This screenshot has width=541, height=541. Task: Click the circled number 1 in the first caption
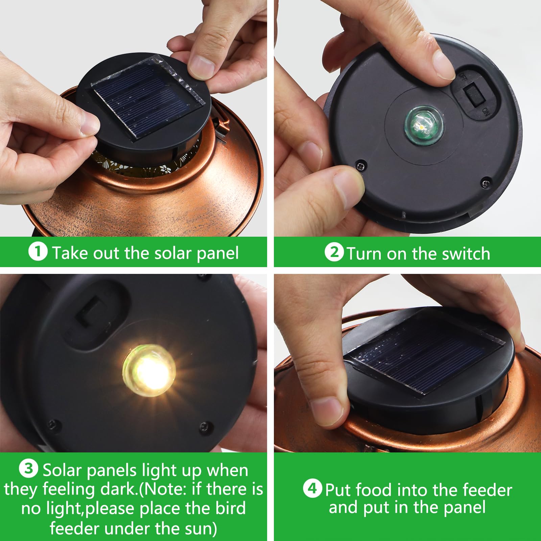[x=38, y=252]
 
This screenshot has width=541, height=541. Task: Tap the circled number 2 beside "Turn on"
[x=334, y=252]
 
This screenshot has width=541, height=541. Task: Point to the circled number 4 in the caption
[x=312, y=489]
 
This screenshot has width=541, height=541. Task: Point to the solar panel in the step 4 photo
[x=424, y=352]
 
